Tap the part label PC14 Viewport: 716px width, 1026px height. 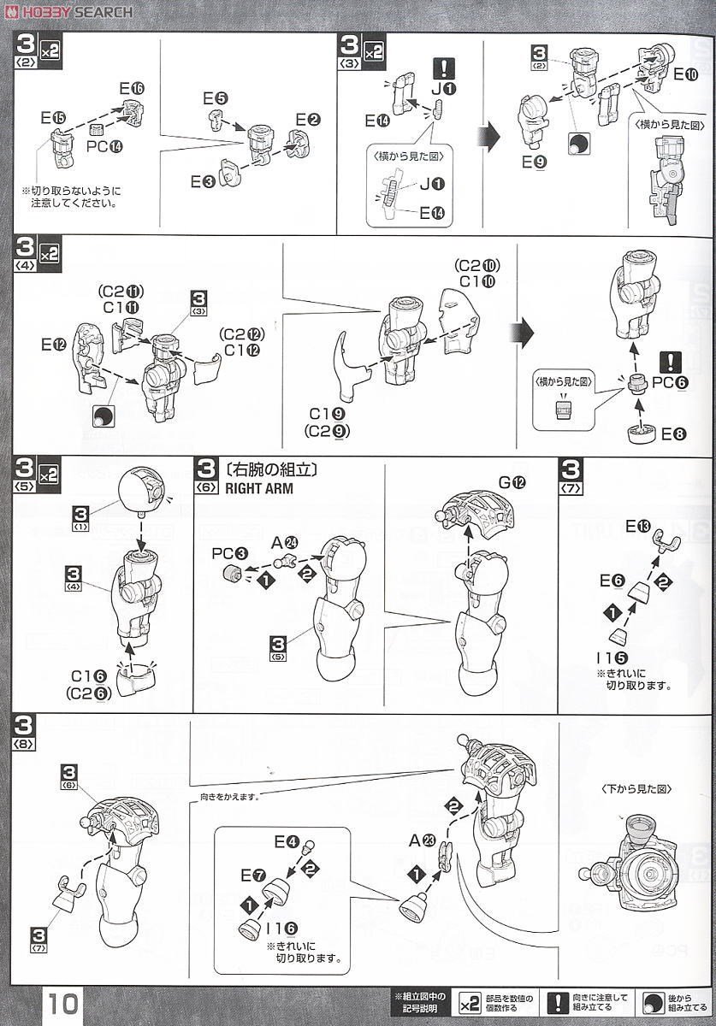[x=104, y=146]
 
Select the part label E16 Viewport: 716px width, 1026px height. [x=132, y=88]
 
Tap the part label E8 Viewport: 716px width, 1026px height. [x=674, y=434]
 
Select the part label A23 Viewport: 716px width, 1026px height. [x=422, y=840]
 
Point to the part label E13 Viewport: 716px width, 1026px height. [x=637, y=526]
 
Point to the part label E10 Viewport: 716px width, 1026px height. [x=685, y=74]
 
